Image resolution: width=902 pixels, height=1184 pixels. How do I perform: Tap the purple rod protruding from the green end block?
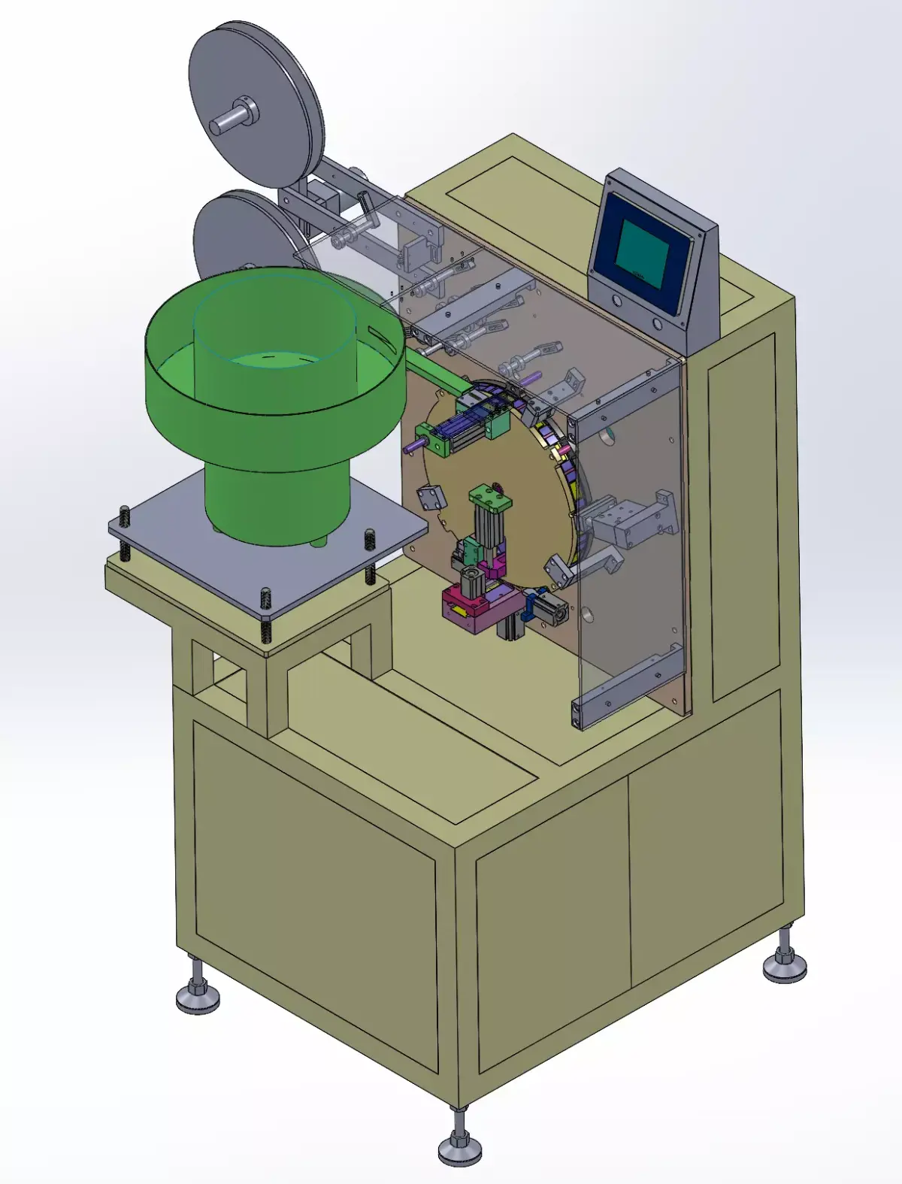click(413, 445)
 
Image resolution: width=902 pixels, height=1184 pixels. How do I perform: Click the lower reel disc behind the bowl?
click(229, 233)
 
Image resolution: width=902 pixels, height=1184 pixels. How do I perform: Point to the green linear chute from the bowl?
click(436, 376)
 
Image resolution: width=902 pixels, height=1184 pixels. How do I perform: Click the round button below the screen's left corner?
click(618, 301)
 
